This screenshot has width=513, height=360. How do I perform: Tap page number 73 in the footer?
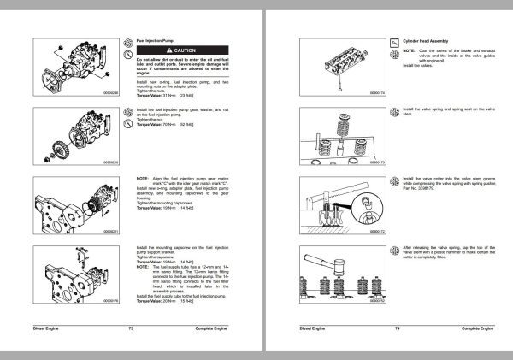tap(131, 328)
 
